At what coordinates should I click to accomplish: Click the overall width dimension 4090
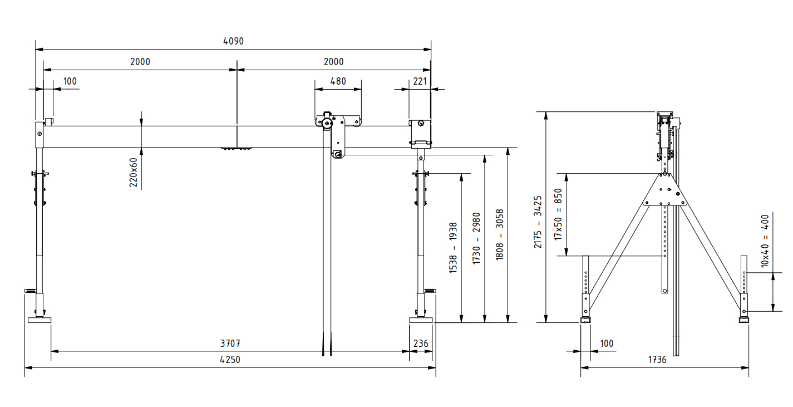pos(233,41)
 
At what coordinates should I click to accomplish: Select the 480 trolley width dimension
pos(338,81)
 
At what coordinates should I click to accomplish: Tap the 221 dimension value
pos(420,81)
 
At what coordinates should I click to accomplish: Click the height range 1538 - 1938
pos(453,247)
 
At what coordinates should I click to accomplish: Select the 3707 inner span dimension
pos(230,344)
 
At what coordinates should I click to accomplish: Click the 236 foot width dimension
pos(421,344)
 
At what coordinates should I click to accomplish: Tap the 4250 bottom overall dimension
pos(230,360)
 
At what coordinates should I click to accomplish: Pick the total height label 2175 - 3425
pos(538,222)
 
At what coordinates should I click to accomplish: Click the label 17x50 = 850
pos(558,214)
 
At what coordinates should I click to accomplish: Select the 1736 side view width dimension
pos(657,360)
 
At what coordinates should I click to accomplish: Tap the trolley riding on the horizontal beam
pos(337,124)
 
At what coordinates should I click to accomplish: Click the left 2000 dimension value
pos(140,62)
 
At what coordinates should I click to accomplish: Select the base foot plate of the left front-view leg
pos(40,320)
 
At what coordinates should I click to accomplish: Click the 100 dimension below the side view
pos(607,344)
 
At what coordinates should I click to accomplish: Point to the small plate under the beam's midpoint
pos(237,149)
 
